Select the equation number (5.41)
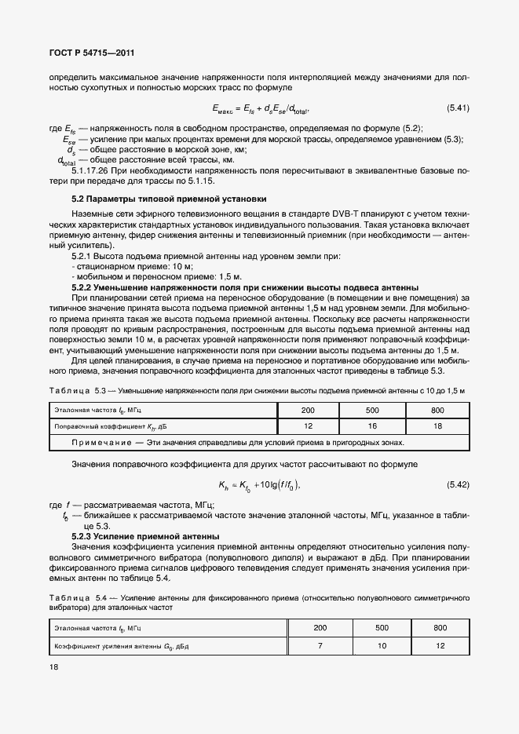coord(457,108)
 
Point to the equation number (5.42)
coord(457,484)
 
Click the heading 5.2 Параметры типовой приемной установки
coord(169,199)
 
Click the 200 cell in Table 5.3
coord(308,410)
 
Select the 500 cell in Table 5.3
coord(372,410)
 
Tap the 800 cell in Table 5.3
coord(437,410)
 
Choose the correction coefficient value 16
coord(372,426)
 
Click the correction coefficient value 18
coord(437,426)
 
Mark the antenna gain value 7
coord(320,645)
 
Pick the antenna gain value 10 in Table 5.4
coord(382,645)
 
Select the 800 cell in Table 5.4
coord(440,628)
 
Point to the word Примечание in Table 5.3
coord(104,443)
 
